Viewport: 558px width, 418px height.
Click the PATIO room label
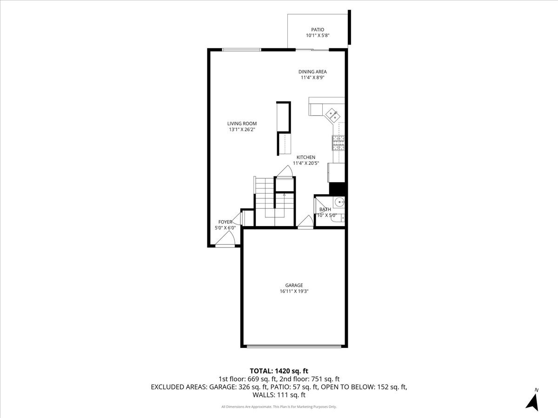(318, 30)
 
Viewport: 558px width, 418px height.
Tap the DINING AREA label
(312, 72)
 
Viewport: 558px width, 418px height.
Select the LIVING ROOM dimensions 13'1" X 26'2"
(242, 130)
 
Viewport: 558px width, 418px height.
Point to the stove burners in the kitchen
(339, 143)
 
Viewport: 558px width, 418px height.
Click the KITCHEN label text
(306, 157)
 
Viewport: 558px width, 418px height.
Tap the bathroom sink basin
(339, 202)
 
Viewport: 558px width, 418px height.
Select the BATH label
(325, 209)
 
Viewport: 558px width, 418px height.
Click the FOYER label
(225, 222)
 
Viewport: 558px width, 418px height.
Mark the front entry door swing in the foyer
(225, 239)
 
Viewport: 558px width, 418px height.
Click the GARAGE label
(294, 285)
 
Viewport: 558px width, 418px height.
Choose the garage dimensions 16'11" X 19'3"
(294, 291)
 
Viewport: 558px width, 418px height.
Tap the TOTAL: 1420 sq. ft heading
(279, 371)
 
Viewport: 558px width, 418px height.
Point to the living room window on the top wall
(241, 50)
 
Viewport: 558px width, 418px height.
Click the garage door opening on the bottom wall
(294, 346)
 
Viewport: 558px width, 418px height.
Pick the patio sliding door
(312, 50)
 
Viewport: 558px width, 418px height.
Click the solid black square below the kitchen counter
(337, 189)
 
